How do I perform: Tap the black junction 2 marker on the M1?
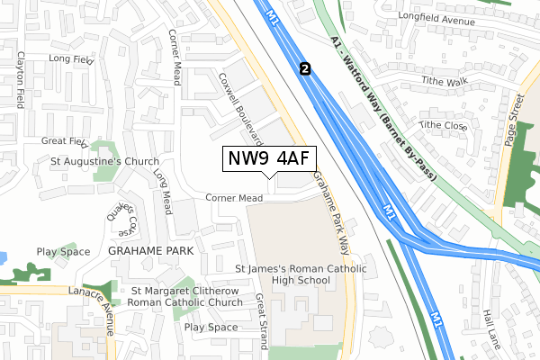click(305, 68)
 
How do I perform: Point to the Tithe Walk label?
click(445, 81)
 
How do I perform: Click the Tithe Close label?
click(442, 125)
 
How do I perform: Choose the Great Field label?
click(64, 141)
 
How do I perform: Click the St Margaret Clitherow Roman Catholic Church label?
click(186, 296)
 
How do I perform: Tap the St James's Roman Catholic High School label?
click(283, 274)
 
